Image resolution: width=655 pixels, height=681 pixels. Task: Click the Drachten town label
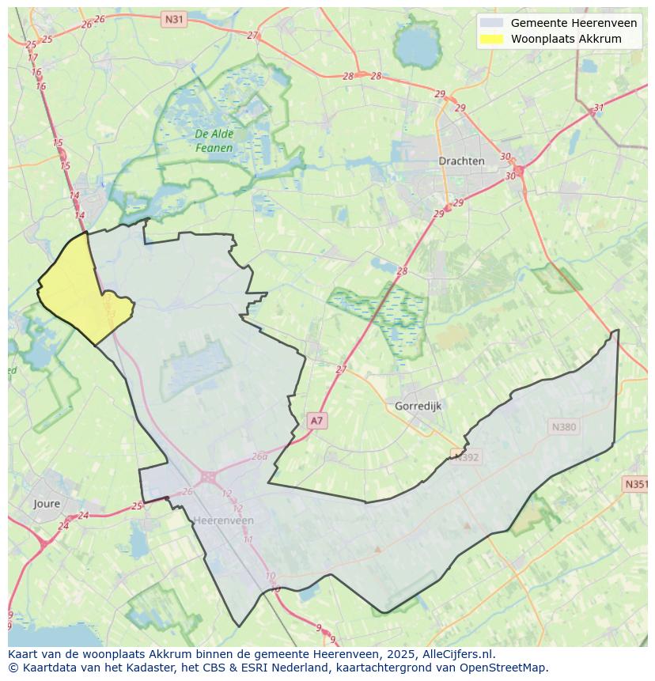point(461,161)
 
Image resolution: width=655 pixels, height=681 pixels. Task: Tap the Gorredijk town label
point(418,406)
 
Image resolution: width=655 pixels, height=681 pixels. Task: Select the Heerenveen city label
point(224,520)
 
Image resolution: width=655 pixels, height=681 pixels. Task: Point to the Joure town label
point(47,503)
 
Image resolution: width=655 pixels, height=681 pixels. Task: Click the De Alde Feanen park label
point(214,141)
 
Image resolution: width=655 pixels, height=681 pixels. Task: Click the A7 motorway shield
point(316,421)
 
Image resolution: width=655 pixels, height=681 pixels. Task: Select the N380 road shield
point(564,427)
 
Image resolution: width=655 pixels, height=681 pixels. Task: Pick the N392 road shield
point(467,456)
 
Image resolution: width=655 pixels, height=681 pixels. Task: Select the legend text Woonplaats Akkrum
point(566,39)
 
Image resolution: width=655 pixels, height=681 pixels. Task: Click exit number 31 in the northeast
point(599,108)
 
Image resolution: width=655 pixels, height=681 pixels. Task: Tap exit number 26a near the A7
point(259,456)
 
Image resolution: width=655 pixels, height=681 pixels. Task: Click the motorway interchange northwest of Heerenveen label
point(208,477)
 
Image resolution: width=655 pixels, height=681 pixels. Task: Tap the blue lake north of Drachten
point(417,49)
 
